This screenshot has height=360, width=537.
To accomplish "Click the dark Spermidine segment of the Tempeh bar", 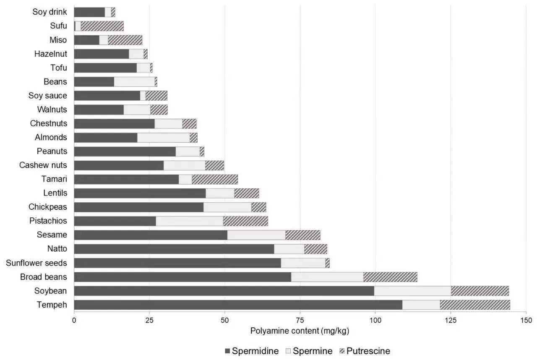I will pyautogui.click(x=238, y=305).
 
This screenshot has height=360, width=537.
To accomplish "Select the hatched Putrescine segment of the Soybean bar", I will pyautogui.click(x=480, y=291).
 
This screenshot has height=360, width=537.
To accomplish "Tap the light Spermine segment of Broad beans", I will pyautogui.click(x=327, y=277).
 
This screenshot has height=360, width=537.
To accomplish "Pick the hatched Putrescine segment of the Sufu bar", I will pyautogui.click(x=102, y=26).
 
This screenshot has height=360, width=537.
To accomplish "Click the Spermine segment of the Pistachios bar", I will pyautogui.click(x=189, y=221).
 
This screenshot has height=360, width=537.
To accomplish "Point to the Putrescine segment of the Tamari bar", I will pyautogui.click(x=215, y=179).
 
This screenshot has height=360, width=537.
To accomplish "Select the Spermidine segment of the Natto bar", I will pyautogui.click(x=174, y=249).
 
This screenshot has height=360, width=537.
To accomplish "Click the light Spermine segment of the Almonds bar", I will pyautogui.click(x=163, y=138).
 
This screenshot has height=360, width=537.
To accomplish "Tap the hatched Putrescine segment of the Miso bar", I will pyautogui.click(x=125, y=40).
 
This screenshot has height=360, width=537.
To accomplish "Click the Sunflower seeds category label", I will pyautogui.click(x=36, y=263).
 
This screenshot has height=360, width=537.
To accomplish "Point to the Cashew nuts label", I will pyautogui.click(x=43, y=165).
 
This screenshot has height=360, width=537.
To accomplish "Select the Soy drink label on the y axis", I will pyautogui.click(x=50, y=12).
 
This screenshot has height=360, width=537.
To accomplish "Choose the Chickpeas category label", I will pyautogui.click(x=47, y=207).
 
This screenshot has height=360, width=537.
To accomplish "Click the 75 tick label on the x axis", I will pyautogui.click(x=300, y=321).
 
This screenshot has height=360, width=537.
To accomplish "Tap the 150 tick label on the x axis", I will pyautogui.click(x=526, y=321).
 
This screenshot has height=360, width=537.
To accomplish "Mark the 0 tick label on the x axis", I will pyautogui.click(x=74, y=321).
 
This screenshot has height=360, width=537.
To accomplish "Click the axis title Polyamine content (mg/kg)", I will pyautogui.click(x=300, y=331).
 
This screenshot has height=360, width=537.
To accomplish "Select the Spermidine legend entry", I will pyautogui.click(x=252, y=351).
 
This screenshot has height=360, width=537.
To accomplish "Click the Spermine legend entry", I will pyautogui.click(x=310, y=351).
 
